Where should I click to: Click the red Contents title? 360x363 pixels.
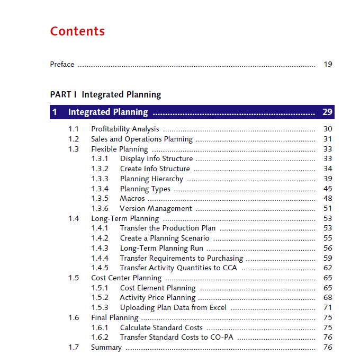point(77,31)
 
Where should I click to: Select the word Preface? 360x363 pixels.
point(62,65)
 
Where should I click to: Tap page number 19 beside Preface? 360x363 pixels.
point(328,65)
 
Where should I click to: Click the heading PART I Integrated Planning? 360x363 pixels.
point(105,95)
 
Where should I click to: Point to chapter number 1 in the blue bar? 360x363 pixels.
point(55,112)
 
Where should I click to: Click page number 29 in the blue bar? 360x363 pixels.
point(327,112)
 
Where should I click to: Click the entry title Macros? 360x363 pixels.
point(132,198)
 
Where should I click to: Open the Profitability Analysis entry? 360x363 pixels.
point(125,129)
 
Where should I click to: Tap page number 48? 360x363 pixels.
point(328,198)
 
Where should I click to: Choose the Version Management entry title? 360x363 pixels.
point(156,208)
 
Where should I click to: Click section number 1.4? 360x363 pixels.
point(74,218)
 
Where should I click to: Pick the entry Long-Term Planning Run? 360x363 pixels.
point(161,248)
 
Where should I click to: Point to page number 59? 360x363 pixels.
point(328,258)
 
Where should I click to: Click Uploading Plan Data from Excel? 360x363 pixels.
point(173,307)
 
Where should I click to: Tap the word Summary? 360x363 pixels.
point(106,347)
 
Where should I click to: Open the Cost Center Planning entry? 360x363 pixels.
point(127,278)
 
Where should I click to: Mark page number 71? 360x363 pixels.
point(328,307)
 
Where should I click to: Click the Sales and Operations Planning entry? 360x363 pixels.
point(142,139)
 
